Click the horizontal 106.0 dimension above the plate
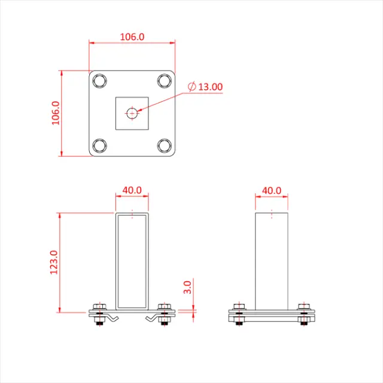(x=132, y=37)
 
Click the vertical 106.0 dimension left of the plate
(x=55, y=113)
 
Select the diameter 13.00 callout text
(x=209, y=87)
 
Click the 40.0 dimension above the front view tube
(x=132, y=190)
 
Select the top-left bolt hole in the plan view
(x=100, y=81)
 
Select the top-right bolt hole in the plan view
(x=165, y=81)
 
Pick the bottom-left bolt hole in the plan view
(x=100, y=145)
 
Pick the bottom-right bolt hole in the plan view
(x=165, y=145)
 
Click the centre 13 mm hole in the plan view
(x=132, y=113)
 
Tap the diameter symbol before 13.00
(x=191, y=87)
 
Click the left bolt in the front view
(x=98, y=314)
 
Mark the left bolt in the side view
(x=239, y=314)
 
